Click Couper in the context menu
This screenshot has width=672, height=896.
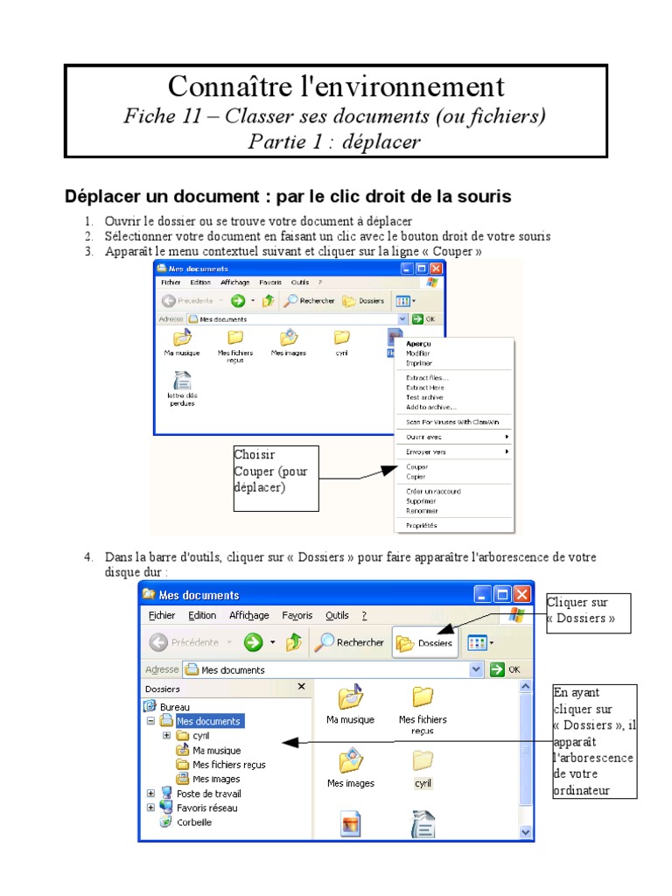point(417,467)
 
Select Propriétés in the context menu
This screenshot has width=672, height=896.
point(422,525)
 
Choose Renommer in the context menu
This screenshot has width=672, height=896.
point(423,510)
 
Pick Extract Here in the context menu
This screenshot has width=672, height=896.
point(425,387)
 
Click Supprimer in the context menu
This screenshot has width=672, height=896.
point(421,501)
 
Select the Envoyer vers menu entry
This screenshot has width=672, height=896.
point(426,451)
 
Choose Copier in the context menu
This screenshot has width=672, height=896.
point(416,477)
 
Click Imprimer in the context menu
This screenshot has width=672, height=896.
point(419,362)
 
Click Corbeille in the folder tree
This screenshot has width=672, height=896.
point(193,822)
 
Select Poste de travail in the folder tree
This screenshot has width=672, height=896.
point(208,794)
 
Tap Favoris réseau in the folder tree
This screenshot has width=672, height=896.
point(206,808)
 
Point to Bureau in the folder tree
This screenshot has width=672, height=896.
point(175,707)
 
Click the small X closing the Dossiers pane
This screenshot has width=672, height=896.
point(302,688)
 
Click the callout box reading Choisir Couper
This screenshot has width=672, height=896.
point(276,478)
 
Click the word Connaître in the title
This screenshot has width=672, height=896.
point(219,87)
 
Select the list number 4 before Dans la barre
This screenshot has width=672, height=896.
point(88,557)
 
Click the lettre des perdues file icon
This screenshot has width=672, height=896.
point(183,382)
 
